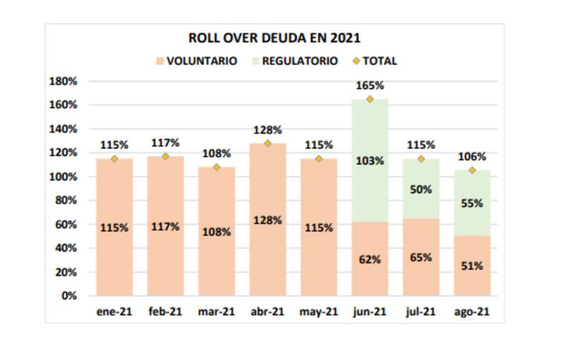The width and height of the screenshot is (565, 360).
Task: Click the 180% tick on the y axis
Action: [64, 81]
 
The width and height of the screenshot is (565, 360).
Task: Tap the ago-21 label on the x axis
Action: [472, 311]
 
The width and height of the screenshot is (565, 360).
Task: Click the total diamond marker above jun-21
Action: [370, 99]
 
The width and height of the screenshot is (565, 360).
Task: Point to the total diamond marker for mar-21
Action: [216, 167]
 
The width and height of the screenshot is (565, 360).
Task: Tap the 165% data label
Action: [370, 85]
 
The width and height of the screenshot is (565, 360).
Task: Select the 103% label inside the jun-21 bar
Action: [370, 161]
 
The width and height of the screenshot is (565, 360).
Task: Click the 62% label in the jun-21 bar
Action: [370, 259]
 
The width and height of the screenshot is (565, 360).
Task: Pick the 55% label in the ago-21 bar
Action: [472, 203]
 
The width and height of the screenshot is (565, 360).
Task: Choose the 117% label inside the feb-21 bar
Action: [165, 227]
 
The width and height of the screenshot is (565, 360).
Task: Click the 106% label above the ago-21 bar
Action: [472, 157]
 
